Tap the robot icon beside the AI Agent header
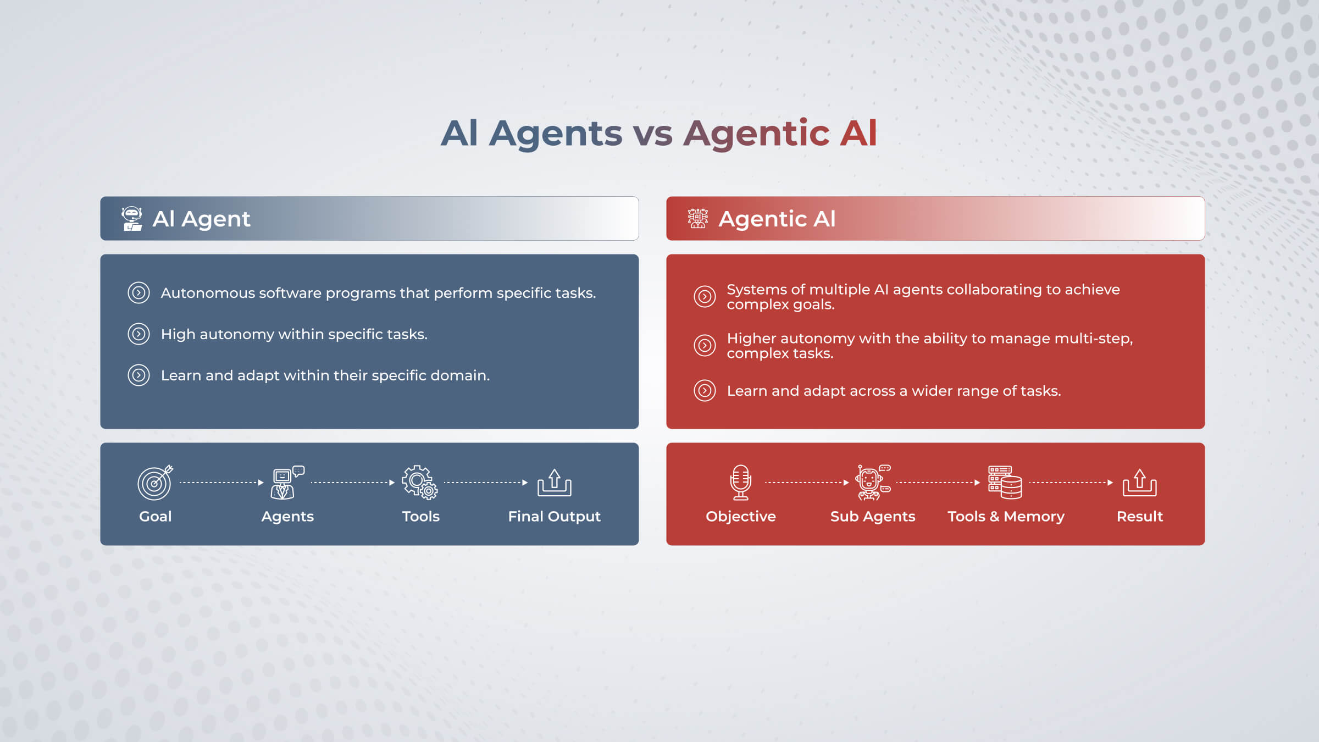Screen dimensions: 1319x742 132,219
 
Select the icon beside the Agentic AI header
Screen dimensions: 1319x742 698,218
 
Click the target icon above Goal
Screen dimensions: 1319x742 155,482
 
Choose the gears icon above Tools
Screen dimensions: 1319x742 420,482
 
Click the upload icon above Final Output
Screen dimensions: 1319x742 554,482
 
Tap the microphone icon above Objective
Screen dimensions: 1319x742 740,482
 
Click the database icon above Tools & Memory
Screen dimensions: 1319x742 1005,482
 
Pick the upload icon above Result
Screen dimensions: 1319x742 1139,482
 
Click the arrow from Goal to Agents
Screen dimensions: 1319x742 221,483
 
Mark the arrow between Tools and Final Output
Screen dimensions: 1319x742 486,483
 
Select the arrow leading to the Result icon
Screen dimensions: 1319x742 1071,483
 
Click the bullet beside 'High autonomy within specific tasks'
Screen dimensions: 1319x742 138,334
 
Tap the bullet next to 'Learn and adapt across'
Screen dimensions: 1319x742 705,390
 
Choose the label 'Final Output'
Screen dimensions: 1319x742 554,516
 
